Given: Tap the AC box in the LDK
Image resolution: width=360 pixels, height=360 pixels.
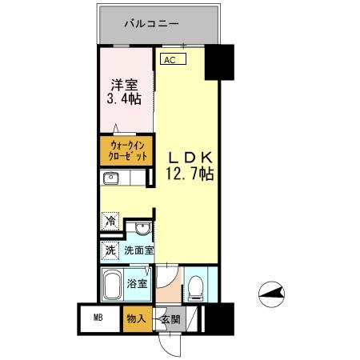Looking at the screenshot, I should (x=170, y=59).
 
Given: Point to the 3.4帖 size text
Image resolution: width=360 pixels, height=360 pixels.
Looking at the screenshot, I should (x=124, y=100).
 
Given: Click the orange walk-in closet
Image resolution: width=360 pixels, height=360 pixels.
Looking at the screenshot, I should (x=126, y=151).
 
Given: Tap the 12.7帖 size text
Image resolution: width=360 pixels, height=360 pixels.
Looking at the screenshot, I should (x=189, y=174).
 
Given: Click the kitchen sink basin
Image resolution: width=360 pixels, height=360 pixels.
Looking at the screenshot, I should (x=112, y=178).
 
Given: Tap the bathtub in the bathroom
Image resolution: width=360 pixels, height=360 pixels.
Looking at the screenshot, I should (x=111, y=283).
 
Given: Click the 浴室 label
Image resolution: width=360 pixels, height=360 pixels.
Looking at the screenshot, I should (x=136, y=283).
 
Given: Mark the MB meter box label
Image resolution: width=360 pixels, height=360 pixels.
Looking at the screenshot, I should (x=98, y=318).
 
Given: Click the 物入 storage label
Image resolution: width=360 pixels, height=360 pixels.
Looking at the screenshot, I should (x=135, y=318).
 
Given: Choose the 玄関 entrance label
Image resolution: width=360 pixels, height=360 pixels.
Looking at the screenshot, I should (x=170, y=318).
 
